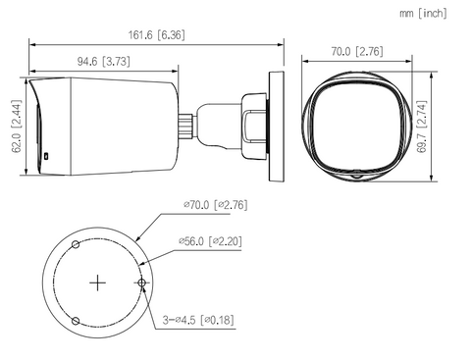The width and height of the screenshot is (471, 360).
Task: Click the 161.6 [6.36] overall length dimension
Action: tap(156, 35)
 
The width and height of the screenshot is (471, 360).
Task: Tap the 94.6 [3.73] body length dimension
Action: tap(103, 61)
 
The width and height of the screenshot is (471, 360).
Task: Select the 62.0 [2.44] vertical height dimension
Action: tap(17, 127)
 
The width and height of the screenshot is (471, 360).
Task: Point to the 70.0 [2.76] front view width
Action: tap(357, 51)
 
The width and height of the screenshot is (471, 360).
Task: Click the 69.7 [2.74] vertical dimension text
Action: tap(422, 127)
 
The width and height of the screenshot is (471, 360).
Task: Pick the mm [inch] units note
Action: tap(423, 14)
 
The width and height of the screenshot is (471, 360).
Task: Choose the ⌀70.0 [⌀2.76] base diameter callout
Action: tap(215, 205)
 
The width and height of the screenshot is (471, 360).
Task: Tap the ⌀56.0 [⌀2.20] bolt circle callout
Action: tap(210, 241)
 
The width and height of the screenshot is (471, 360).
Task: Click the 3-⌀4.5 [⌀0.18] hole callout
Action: tap(198, 320)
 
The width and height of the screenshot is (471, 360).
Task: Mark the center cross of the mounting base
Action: tap(97, 283)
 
